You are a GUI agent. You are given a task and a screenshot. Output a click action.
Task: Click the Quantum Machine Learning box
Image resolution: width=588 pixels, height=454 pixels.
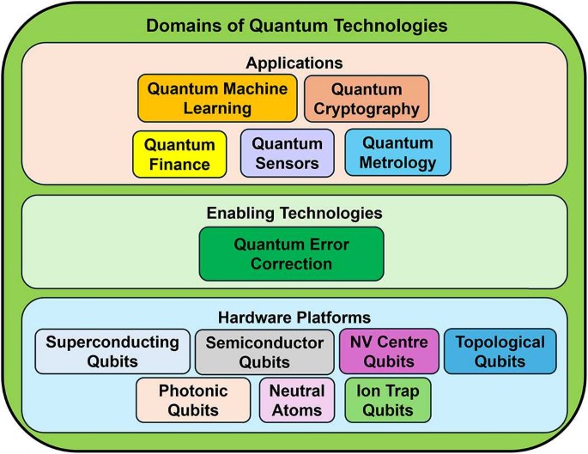(217, 98)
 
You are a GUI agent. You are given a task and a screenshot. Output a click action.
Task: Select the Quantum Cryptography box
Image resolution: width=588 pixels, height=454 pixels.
(367, 99)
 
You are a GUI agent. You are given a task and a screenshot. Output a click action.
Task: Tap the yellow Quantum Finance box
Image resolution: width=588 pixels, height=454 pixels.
(179, 154)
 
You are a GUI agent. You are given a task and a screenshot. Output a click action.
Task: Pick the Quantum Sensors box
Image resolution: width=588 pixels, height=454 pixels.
(287, 154)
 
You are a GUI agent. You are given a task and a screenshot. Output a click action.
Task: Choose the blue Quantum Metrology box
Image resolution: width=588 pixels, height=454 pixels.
(397, 152)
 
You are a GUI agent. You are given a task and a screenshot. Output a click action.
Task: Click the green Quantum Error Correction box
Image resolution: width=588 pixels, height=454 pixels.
(291, 253)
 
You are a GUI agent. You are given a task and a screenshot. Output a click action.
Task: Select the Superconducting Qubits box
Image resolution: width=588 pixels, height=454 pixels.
(112, 351)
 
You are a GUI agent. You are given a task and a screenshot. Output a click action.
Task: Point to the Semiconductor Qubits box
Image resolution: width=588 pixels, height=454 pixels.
(265, 352)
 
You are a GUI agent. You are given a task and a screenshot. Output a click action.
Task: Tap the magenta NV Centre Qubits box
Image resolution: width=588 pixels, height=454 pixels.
(389, 351)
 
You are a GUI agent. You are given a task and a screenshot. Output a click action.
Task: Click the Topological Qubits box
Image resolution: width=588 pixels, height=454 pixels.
(500, 351)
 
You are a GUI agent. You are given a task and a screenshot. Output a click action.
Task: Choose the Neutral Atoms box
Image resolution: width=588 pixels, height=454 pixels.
(297, 400)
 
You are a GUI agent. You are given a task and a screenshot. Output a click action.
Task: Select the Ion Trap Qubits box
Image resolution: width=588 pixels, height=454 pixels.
(387, 400)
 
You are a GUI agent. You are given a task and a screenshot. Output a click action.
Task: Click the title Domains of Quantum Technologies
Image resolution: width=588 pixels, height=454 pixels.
(296, 25)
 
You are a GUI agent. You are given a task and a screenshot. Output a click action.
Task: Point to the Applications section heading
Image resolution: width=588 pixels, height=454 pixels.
(294, 63)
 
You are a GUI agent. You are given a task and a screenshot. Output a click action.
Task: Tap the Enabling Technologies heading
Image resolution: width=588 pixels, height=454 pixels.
(294, 212)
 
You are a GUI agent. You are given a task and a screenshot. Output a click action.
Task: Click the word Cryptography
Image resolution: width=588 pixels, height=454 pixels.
(367, 109)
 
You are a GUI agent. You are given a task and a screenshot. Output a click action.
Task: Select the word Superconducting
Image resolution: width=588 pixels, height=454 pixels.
(112, 342)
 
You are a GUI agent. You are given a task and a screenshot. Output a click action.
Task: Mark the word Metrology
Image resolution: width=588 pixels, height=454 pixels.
(397, 162)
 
